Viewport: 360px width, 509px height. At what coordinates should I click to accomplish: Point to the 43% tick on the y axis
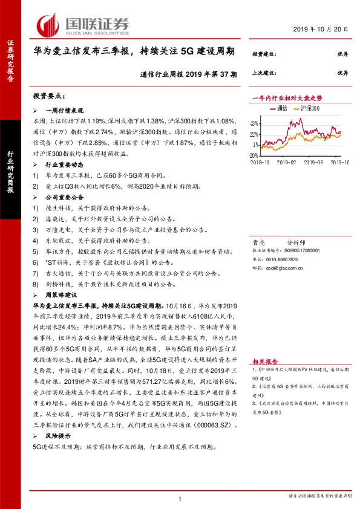pyautogui.click(x=255, y=123)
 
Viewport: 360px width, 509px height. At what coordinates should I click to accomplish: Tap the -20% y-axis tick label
pyautogui.click(x=254, y=155)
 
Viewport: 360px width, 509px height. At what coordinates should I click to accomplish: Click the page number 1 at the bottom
pyautogui.click(x=180, y=498)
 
